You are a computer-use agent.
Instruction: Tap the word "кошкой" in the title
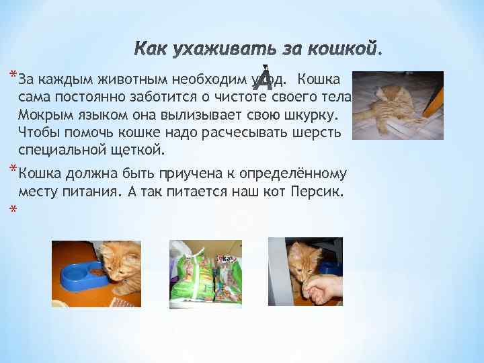[343, 50]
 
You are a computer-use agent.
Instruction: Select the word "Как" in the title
[151, 50]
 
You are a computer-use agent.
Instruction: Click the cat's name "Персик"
[318, 192]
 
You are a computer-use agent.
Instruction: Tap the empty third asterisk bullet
[12, 210]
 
